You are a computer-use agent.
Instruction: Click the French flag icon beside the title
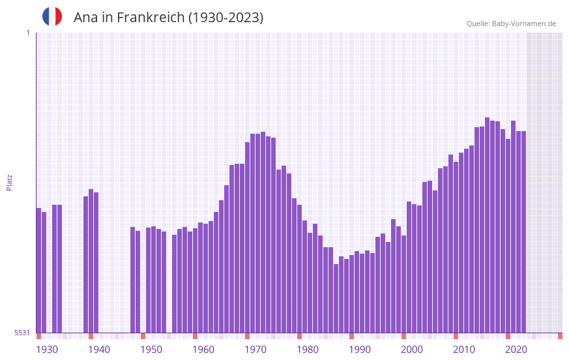pos(52,17)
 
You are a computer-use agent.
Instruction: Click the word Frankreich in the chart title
pos(150,18)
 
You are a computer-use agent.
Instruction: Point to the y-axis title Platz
pos(9,182)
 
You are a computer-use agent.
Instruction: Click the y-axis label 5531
pos(22,333)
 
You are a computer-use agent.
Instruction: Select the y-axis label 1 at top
pos(27,33)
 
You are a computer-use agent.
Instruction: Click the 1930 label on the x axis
pos(47,350)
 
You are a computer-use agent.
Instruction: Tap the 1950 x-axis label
pos(151,350)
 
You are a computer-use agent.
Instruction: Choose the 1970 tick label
pos(255,350)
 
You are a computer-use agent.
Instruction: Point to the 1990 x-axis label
pos(360,350)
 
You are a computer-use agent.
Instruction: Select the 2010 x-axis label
pos(464,350)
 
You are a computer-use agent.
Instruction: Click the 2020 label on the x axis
pos(516,350)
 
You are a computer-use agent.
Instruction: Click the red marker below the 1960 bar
pos(195,336)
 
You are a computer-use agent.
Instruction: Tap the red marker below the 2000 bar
pos(403,336)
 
